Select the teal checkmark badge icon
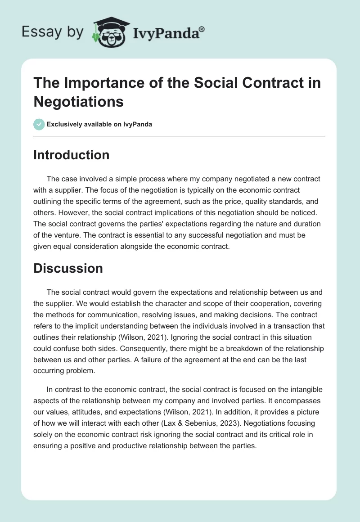click(x=39, y=124)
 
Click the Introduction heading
click(x=71, y=155)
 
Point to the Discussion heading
click(x=68, y=268)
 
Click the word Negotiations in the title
click(x=79, y=102)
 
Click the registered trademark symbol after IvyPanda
click(x=202, y=29)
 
